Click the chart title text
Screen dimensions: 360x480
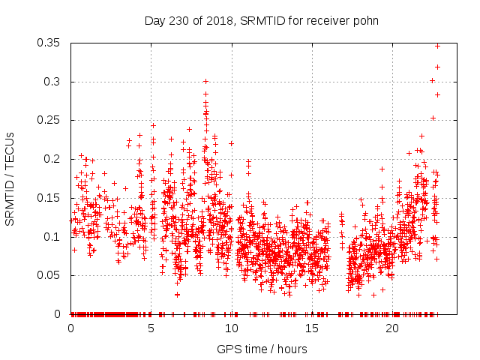click(x=261, y=20)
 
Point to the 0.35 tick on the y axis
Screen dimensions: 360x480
click(x=51, y=43)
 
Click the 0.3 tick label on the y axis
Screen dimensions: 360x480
click(x=54, y=82)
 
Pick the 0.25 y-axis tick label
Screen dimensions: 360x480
click(x=51, y=120)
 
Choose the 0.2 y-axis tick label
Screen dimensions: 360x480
click(x=54, y=159)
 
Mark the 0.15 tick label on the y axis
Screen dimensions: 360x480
click(x=51, y=198)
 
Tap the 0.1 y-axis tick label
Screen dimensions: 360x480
click(x=54, y=236)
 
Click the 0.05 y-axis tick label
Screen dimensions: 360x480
click(x=51, y=275)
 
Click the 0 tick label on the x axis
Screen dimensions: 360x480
click(x=70, y=328)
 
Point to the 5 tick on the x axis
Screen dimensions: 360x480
click(x=151, y=328)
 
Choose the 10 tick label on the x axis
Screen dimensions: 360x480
click(x=231, y=328)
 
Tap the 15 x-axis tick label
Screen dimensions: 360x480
click(x=311, y=328)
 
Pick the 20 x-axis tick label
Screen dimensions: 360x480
click(x=391, y=328)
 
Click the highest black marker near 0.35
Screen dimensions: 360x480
click(x=438, y=46)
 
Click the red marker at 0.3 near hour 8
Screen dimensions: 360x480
click(x=205, y=81)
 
